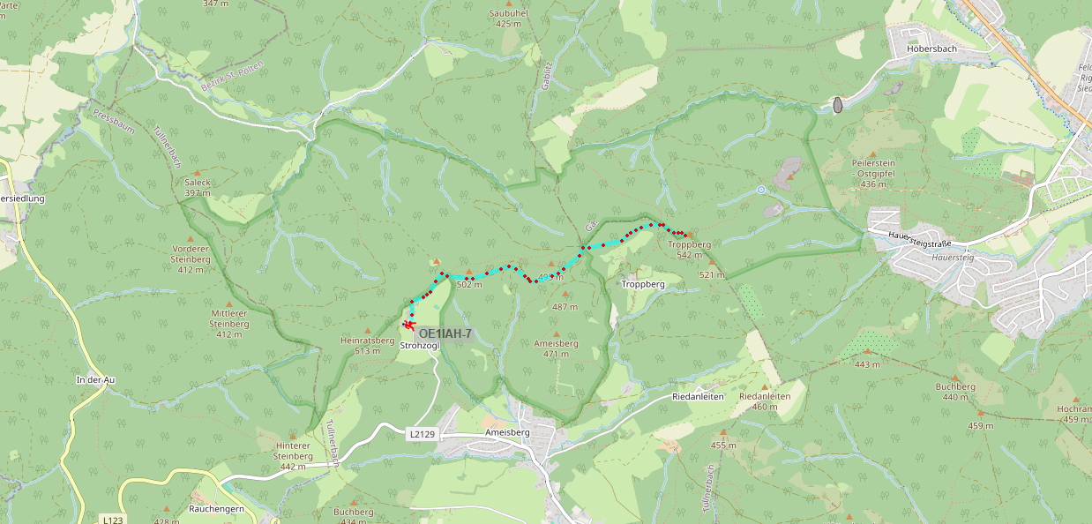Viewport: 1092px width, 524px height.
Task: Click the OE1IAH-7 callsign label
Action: click(445, 333)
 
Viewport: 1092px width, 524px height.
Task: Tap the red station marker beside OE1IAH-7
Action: click(408, 325)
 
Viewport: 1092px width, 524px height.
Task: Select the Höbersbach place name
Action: click(931, 49)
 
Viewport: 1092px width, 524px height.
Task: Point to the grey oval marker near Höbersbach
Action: click(837, 105)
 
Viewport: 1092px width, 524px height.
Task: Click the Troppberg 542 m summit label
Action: click(689, 250)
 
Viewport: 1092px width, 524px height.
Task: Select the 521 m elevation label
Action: click(711, 275)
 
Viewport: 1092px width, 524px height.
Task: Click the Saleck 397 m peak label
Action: click(198, 187)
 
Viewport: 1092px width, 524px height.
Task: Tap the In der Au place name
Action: click(95, 380)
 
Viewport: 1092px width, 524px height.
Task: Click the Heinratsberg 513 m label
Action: click(367, 345)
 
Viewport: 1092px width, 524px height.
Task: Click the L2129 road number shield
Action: click(423, 435)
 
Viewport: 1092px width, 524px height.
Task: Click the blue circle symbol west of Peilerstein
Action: click(760, 190)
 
